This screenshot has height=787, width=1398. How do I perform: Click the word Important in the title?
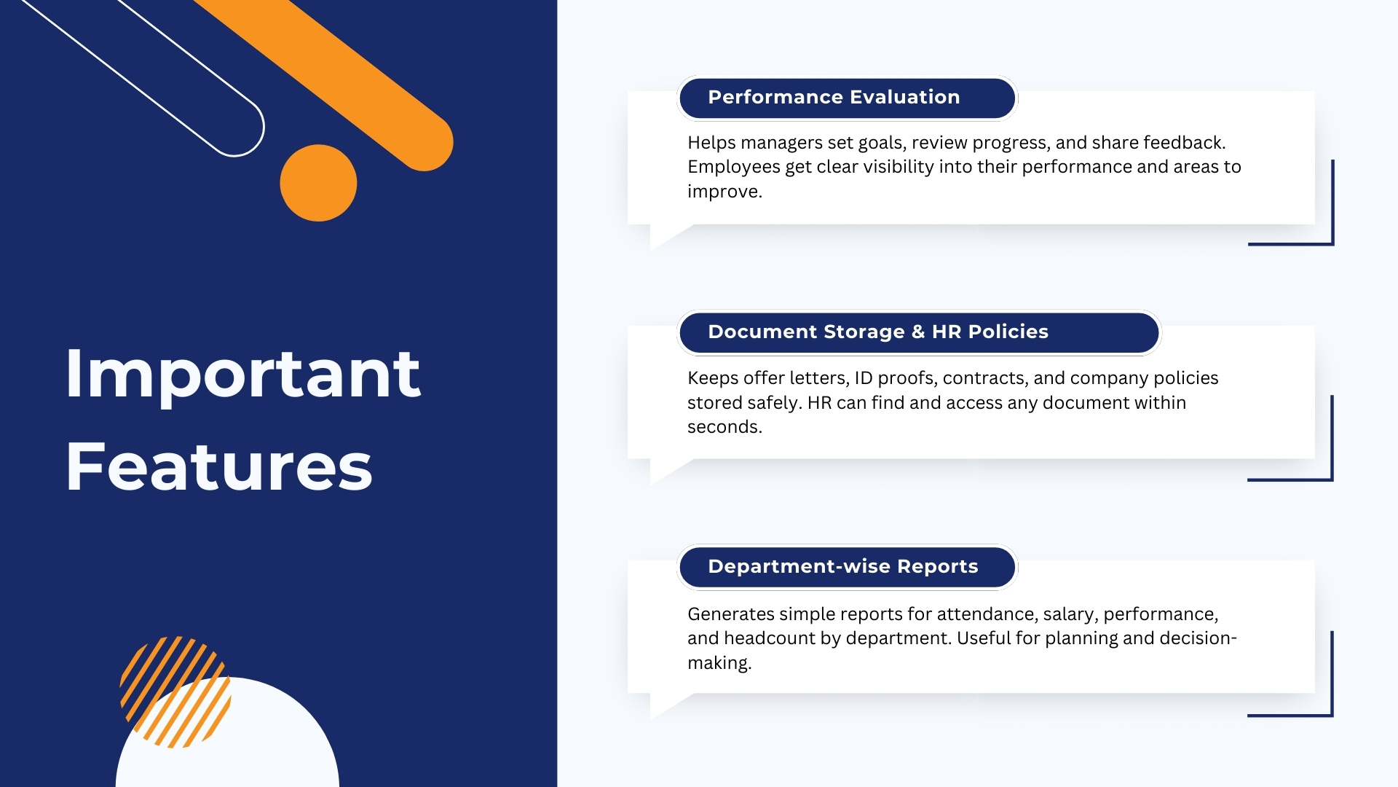(242, 375)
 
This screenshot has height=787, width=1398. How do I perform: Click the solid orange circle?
(318, 183)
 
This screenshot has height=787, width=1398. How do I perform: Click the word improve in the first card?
(723, 192)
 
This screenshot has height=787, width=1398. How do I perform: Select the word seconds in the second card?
(723, 427)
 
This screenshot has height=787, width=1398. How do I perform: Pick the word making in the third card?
(718, 663)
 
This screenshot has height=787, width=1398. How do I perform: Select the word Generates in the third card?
(730, 614)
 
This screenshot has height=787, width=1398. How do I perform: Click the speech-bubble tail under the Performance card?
(666, 236)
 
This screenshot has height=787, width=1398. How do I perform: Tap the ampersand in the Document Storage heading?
(917, 332)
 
